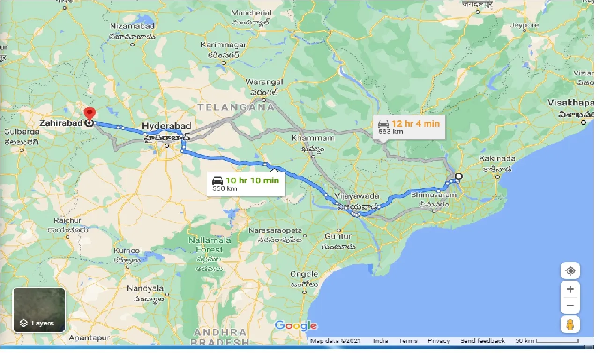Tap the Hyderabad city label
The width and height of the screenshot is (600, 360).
(x=166, y=127)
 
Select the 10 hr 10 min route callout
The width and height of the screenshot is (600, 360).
(x=246, y=183)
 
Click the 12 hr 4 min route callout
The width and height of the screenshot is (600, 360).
(x=409, y=127)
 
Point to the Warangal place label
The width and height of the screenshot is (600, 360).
(x=264, y=82)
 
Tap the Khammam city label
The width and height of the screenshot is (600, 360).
(x=313, y=138)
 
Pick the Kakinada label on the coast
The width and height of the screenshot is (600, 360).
(x=497, y=158)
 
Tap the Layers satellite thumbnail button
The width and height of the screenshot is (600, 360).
(x=39, y=310)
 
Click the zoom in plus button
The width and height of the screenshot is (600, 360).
(x=570, y=289)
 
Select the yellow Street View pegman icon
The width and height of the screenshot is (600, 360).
(x=570, y=324)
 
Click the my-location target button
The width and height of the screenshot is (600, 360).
(x=570, y=271)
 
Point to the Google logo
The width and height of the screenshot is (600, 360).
(x=296, y=325)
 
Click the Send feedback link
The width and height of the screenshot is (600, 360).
(x=482, y=341)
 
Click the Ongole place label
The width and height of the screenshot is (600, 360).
(x=304, y=274)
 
